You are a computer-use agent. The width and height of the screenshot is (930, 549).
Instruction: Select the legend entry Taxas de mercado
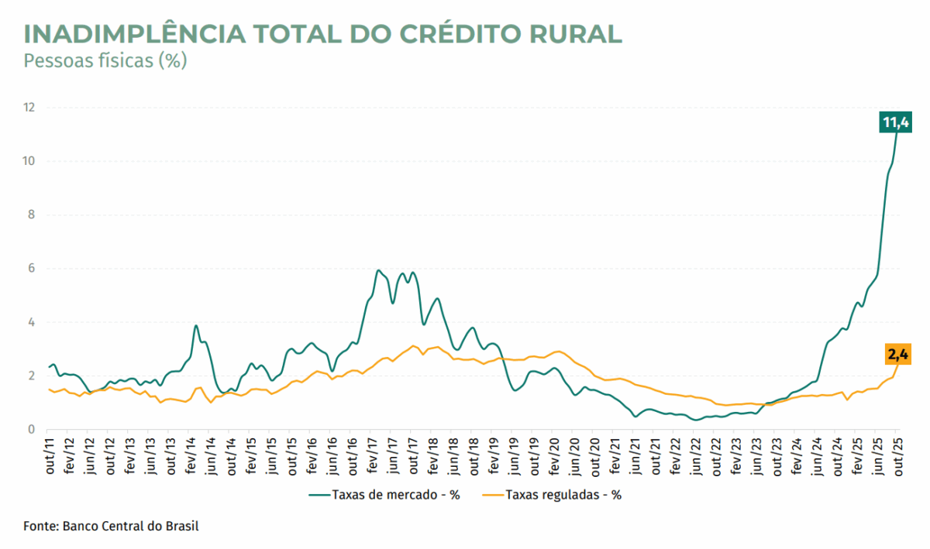tap(384, 495)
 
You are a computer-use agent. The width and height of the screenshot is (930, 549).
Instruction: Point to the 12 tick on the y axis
tap(29, 108)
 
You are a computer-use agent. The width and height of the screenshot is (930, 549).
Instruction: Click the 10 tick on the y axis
tap(29, 161)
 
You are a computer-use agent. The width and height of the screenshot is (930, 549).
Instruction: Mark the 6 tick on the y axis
tap(32, 269)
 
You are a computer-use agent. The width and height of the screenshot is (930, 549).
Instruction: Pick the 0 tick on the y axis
tap(32, 430)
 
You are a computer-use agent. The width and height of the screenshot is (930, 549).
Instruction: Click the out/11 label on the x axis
tap(50, 456)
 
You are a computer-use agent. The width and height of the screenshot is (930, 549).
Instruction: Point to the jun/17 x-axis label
tap(393, 456)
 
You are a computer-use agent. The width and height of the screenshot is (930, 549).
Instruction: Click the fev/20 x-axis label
tap(554, 456)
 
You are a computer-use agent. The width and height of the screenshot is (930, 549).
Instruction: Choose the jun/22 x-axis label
tap(695, 456)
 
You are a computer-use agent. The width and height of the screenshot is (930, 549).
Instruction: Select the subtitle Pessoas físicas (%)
tap(105, 60)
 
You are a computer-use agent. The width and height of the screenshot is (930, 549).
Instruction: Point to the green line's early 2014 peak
tap(196, 326)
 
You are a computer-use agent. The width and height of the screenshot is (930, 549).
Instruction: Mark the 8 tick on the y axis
tap(32, 215)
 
